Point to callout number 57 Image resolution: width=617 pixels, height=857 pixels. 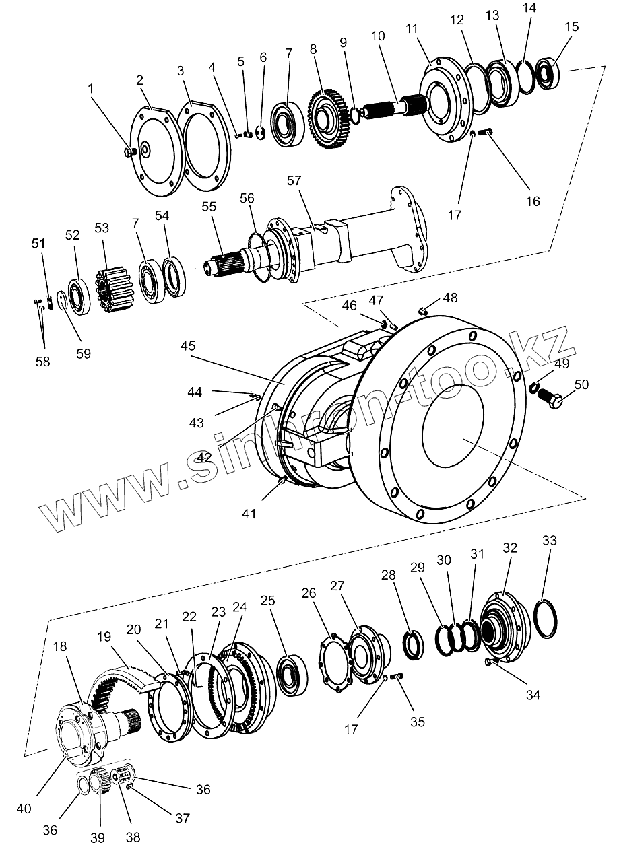pos(294,181)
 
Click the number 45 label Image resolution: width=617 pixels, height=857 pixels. pos(188,346)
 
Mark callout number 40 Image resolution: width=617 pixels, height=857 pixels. pos(24,808)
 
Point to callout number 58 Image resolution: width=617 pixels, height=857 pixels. pos(42,362)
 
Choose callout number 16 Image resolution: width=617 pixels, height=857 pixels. pos(532,201)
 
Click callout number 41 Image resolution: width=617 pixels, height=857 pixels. pos(250,514)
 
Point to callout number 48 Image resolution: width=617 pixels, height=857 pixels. pos(450,298)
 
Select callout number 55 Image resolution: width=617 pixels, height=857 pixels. pos(209,207)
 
